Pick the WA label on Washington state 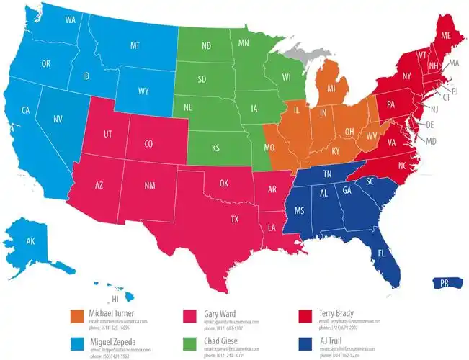(x=71, y=20)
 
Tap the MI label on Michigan (x=331, y=89)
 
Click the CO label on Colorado (x=148, y=144)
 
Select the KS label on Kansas (x=215, y=148)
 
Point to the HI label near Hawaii (x=114, y=299)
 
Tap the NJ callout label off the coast (x=434, y=109)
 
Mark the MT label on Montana (x=135, y=45)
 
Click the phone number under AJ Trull (x=340, y=356)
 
